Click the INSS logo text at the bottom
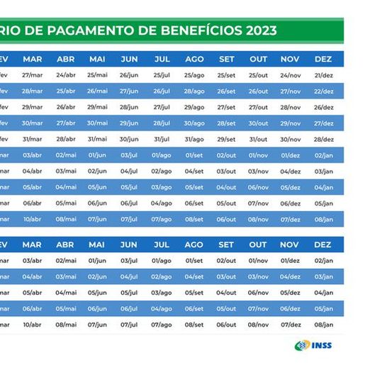click(x=320, y=345)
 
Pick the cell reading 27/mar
click(x=32, y=74)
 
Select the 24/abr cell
click(x=65, y=74)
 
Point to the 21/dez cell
click(x=323, y=74)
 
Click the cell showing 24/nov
click(x=290, y=74)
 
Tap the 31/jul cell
click(x=162, y=139)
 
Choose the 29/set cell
click(x=226, y=139)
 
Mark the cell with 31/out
click(x=258, y=139)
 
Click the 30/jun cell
click(x=129, y=139)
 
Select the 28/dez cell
click(x=323, y=139)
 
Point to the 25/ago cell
click(x=193, y=74)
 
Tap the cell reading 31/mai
click(x=96, y=139)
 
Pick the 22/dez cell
click(x=323, y=91)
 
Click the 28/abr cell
click(x=65, y=139)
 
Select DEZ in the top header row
click(x=322, y=58)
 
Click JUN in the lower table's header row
click(x=129, y=245)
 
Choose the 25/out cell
click(x=258, y=74)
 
